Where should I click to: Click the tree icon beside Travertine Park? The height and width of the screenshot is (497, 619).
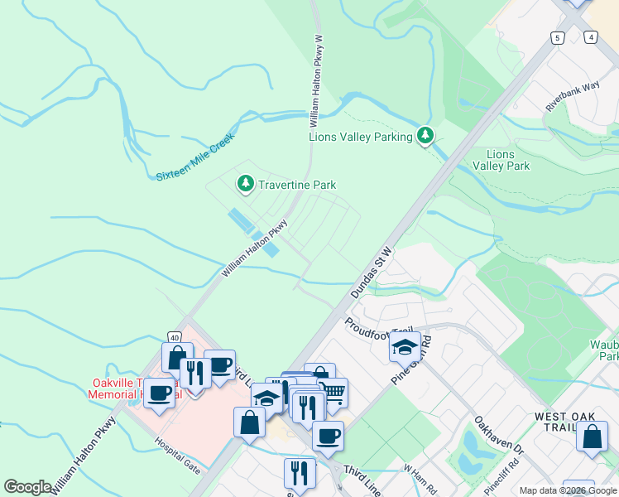(x=245, y=184)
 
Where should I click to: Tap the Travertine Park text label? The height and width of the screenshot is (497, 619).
(x=297, y=185)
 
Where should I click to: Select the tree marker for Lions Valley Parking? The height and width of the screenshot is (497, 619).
(x=425, y=135)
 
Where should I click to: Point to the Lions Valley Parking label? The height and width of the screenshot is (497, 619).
(x=360, y=137)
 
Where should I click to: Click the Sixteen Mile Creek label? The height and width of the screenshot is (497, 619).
(x=195, y=159)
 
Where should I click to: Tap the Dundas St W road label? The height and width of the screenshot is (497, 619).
(x=371, y=272)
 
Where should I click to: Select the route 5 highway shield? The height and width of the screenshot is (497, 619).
(x=559, y=37)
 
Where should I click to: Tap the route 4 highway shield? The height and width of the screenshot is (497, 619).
(x=589, y=37)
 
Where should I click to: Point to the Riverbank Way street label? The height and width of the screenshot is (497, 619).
(x=572, y=97)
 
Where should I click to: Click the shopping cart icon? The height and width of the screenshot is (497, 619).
(x=333, y=393)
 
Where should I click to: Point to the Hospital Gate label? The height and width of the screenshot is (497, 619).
(x=178, y=454)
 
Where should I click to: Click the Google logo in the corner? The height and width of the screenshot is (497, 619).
(x=27, y=487)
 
